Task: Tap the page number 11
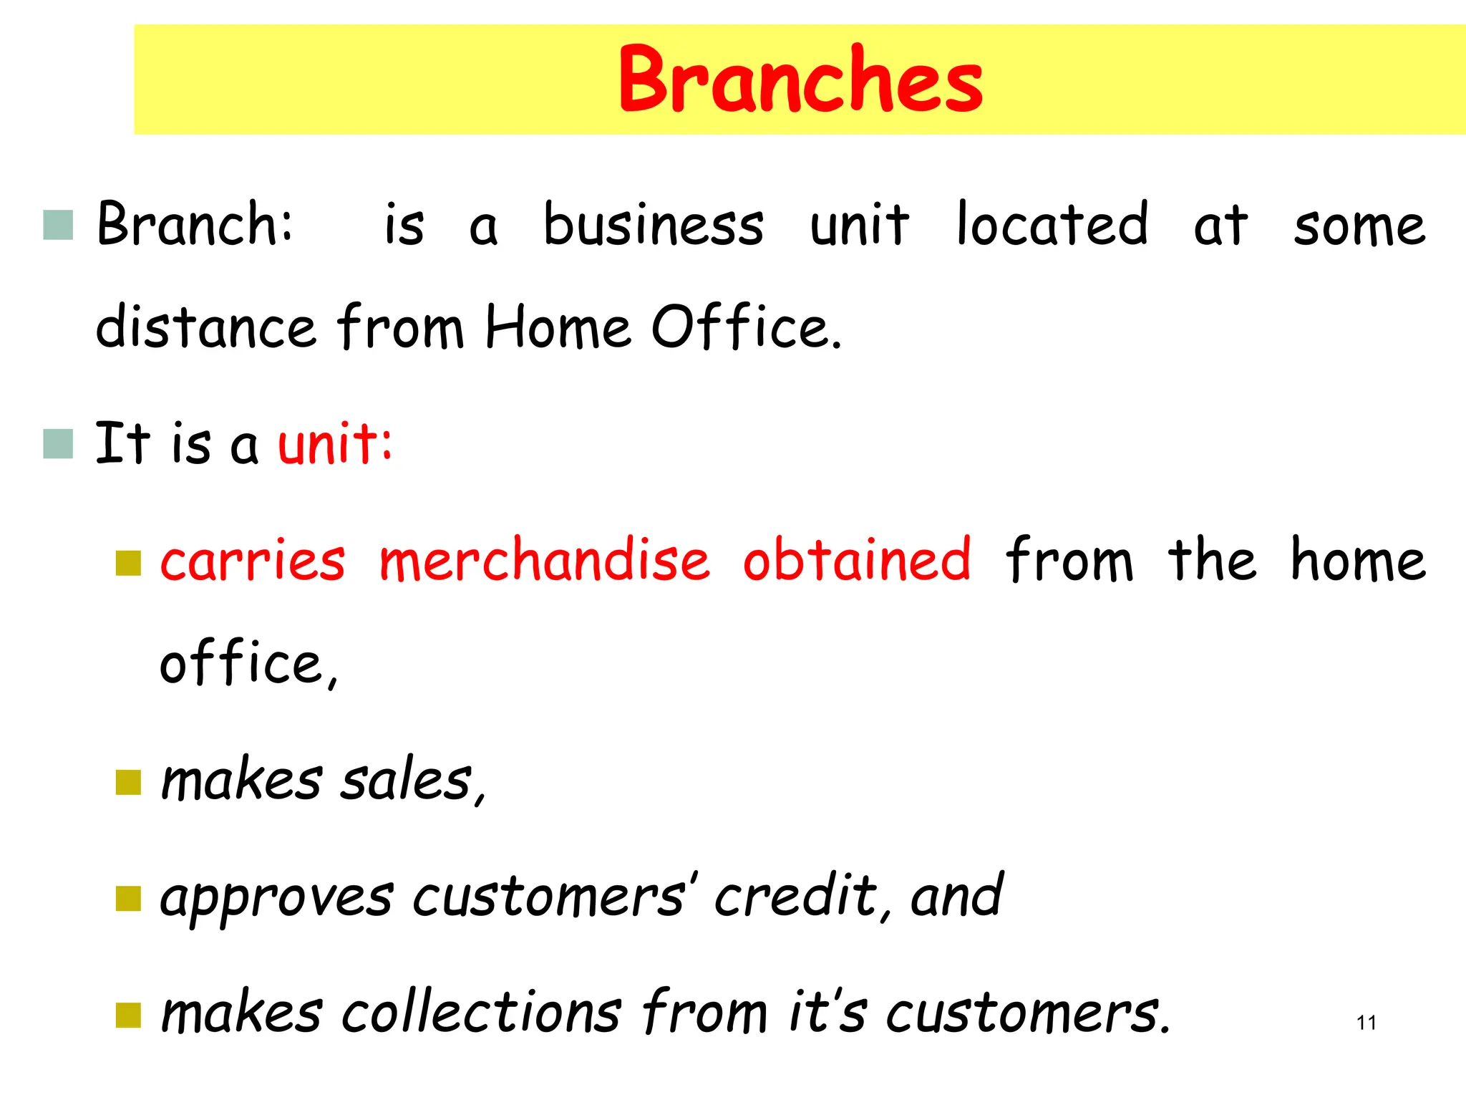coord(1366,1023)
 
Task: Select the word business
coord(653,225)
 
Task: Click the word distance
coord(206,327)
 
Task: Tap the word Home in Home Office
coord(558,327)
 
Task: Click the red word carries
coord(253,560)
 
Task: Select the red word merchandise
coord(544,560)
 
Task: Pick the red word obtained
coord(857,560)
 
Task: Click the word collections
coord(481,1013)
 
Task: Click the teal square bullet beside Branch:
coord(58,225)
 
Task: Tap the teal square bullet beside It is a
coord(58,444)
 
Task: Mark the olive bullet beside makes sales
coord(128,783)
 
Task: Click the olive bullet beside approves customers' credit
coord(128,899)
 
